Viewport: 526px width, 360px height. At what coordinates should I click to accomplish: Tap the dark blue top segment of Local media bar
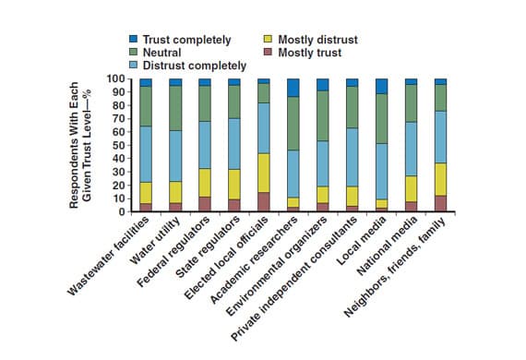(x=382, y=86)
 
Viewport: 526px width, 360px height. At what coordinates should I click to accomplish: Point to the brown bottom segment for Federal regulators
(x=205, y=204)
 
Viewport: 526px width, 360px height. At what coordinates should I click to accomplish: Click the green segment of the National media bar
(x=412, y=103)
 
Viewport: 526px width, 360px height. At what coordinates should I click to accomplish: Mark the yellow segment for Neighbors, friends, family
(x=441, y=179)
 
